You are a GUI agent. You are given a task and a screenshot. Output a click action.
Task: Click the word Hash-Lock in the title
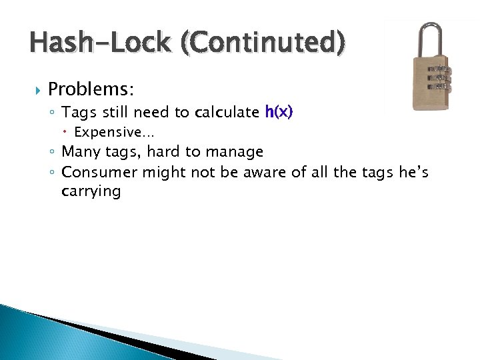click(101, 42)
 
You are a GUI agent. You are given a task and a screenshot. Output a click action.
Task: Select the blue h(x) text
click(279, 113)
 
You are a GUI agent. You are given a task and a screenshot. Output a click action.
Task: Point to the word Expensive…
click(114, 133)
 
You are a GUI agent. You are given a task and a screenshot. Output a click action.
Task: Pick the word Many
click(80, 153)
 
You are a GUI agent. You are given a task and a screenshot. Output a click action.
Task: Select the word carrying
click(91, 193)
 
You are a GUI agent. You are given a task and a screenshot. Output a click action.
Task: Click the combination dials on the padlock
click(438, 78)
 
